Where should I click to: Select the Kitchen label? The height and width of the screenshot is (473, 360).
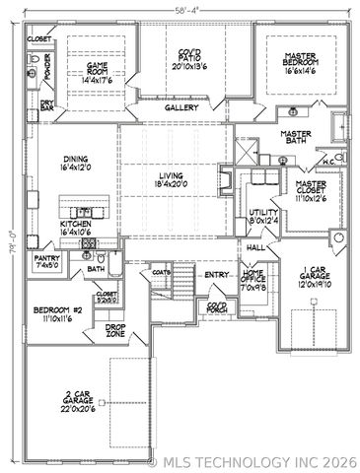(x=77, y=229)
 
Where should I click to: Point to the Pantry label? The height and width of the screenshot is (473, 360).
(x=46, y=261)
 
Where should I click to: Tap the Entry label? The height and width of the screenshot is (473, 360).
(x=216, y=275)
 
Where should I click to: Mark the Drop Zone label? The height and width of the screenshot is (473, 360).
(x=115, y=330)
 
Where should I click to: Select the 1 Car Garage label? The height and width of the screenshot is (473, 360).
(x=314, y=276)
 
